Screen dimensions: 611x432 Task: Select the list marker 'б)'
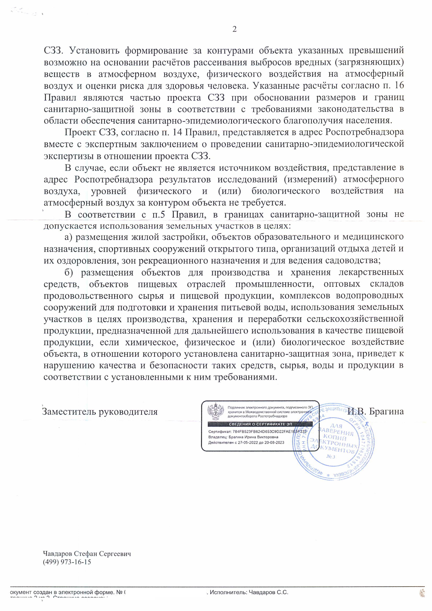click(x=69, y=273)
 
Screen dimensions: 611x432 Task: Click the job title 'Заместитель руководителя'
click(x=100, y=412)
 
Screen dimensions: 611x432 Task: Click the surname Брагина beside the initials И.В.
click(x=387, y=411)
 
